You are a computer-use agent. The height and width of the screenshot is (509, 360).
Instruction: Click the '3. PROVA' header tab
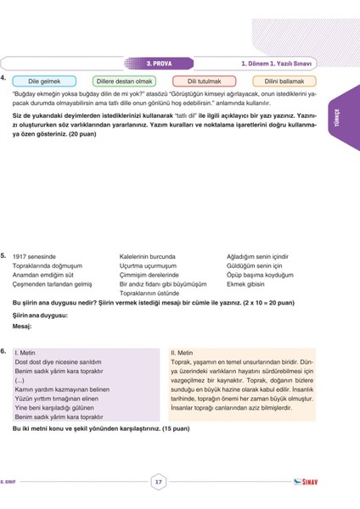(160, 62)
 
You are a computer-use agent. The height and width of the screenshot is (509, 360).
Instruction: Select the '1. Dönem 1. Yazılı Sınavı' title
(278, 62)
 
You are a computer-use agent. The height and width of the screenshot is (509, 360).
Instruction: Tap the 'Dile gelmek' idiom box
(48, 81)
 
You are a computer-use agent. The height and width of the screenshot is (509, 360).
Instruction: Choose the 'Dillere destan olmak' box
(123, 81)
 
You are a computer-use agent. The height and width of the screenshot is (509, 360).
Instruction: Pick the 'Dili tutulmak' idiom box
(198, 81)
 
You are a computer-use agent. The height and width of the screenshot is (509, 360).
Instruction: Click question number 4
(4, 77)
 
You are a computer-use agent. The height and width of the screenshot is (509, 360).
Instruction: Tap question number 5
(4, 255)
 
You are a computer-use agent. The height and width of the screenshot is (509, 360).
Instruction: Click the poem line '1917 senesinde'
(35, 255)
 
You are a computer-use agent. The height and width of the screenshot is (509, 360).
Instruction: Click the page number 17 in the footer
(158, 482)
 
